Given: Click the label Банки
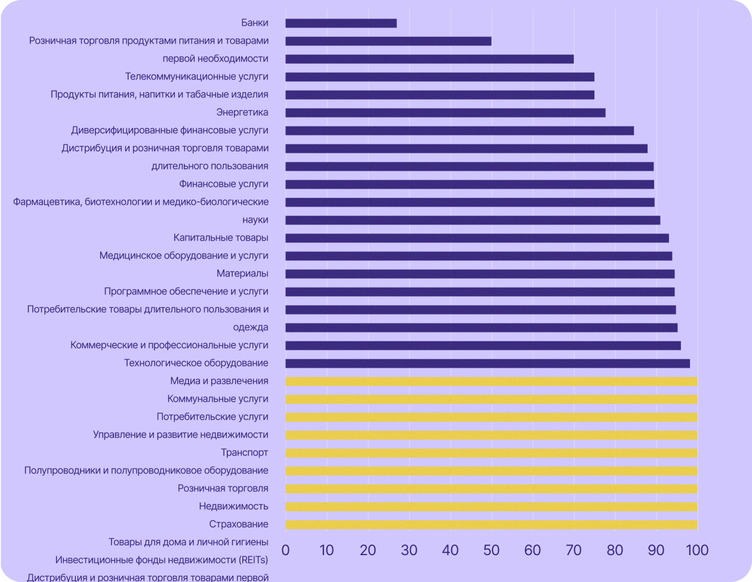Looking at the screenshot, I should (x=255, y=23).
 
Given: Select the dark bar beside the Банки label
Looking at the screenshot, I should (x=341, y=23).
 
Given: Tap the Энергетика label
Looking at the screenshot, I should (x=242, y=112).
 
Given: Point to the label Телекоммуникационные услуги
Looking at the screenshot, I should (x=196, y=76).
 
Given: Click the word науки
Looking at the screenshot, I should (x=255, y=220).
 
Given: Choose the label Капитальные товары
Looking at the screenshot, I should (x=221, y=238).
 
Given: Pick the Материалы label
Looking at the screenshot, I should (x=242, y=273).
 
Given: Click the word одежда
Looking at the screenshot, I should (x=251, y=327).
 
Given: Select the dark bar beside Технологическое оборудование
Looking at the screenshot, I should (x=487, y=364).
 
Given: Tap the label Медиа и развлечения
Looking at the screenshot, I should (x=219, y=381).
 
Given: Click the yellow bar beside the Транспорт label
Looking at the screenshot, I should (x=491, y=453).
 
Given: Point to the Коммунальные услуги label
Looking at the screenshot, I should (x=218, y=399).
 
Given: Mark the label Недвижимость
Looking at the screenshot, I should (x=233, y=506).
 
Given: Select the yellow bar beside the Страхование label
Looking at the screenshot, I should (x=491, y=525).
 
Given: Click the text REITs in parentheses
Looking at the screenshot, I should (x=253, y=560).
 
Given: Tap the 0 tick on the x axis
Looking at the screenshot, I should (x=285, y=550).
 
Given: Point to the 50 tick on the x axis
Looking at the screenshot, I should (x=491, y=550).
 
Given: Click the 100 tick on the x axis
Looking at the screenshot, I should (x=696, y=550).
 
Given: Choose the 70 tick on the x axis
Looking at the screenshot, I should (x=574, y=550).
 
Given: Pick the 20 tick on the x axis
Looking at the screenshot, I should (x=368, y=550).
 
